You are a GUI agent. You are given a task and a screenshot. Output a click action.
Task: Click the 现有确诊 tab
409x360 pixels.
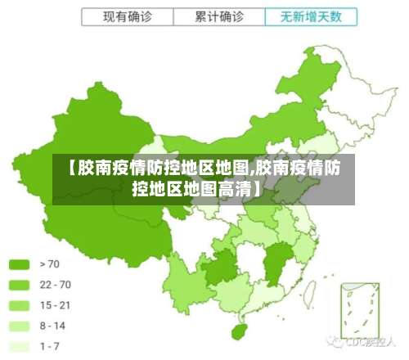pyautogui.click(x=128, y=16)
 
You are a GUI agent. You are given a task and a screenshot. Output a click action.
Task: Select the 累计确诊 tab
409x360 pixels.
pyautogui.click(x=218, y=16)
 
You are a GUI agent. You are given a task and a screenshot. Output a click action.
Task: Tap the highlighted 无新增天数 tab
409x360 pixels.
pyautogui.click(x=311, y=16)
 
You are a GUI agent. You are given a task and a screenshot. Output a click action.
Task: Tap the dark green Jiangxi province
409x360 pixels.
pyautogui.click(x=276, y=262)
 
